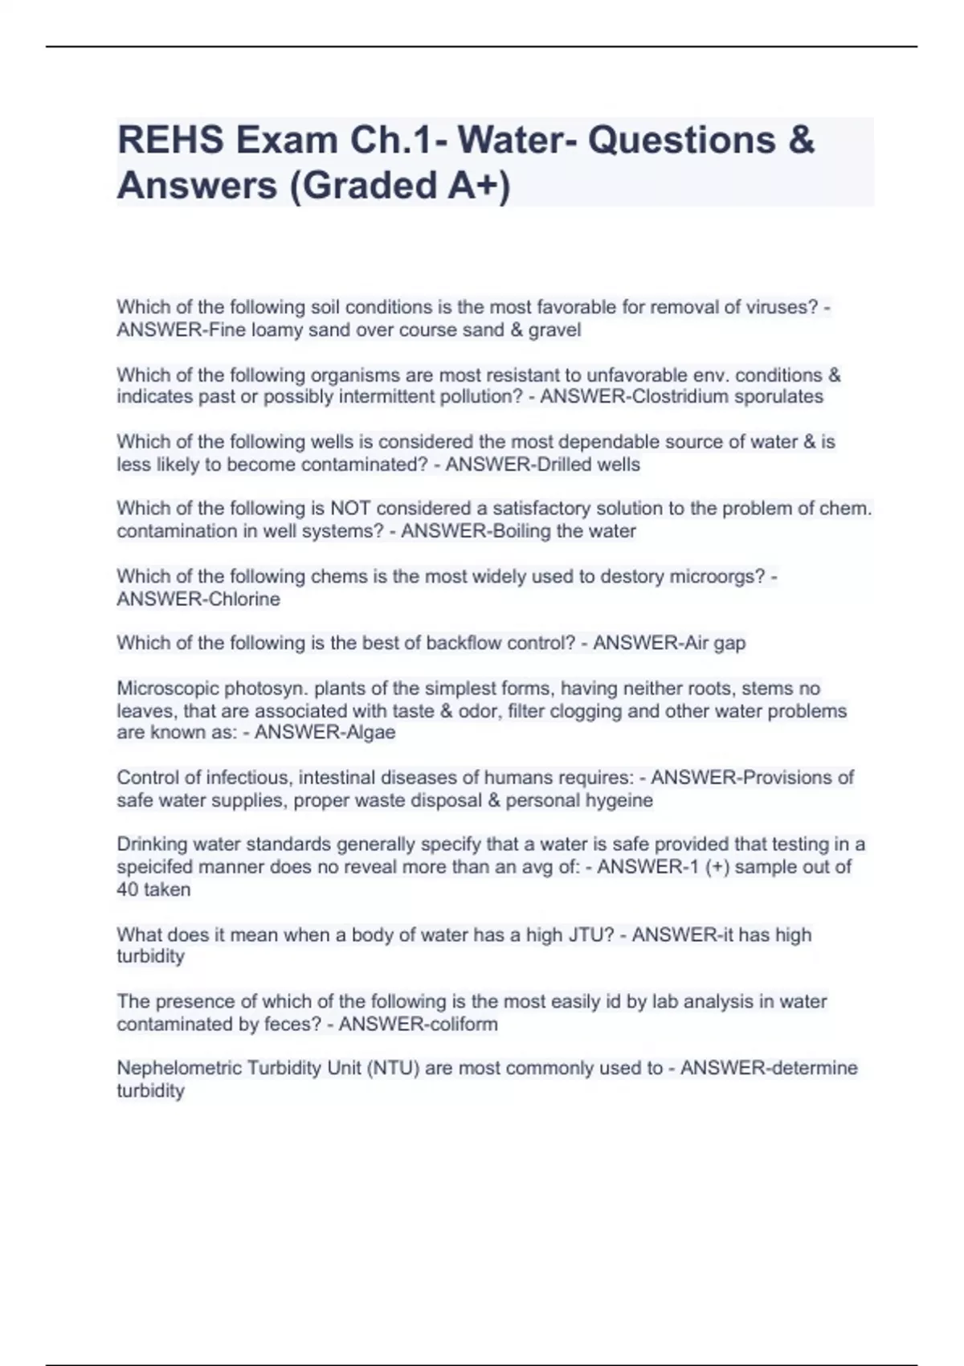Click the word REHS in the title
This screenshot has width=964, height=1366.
coord(171,141)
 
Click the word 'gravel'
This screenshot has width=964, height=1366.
coord(554,329)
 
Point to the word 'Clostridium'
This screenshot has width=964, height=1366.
coord(683,396)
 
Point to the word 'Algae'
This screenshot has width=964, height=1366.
coord(369,732)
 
